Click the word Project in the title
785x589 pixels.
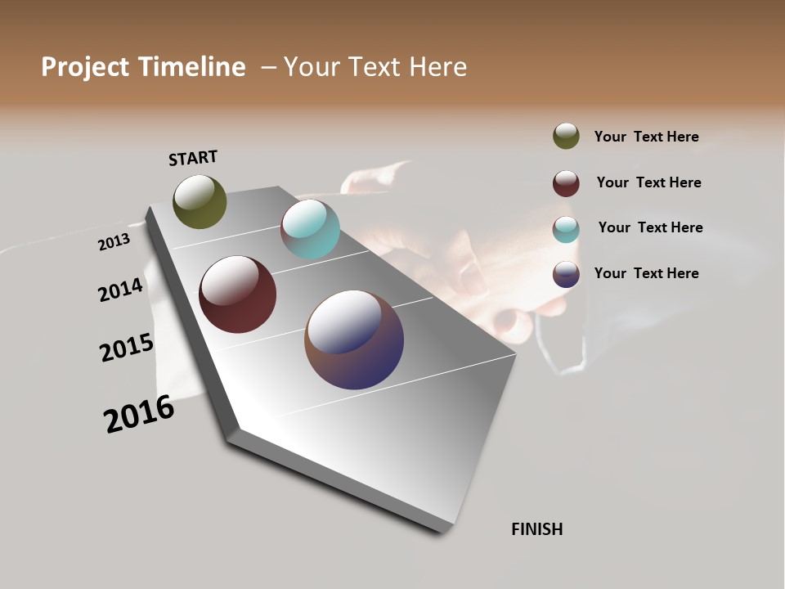[85, 68]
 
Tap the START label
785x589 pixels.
[193, 158]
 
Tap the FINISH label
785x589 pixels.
[536, 529]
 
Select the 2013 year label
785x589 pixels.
[114, 242]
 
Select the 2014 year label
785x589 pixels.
[120, 290]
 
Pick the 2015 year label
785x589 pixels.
[127, 348]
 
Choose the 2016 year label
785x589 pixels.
[139, 415]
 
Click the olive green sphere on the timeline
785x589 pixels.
[200, 201]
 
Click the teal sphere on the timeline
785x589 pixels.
[310, 229]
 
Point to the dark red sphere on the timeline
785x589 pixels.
[237, 294]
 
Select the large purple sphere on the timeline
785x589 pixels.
[354, 339]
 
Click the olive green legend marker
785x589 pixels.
[566, 136]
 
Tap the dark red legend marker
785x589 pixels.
[566, 183]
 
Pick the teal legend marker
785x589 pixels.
[566, 229]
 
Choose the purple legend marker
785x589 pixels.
[566, 274]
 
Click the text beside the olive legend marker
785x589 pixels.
[646, 137]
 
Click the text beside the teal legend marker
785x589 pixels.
[650, 227]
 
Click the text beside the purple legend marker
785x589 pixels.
[646, 273]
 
